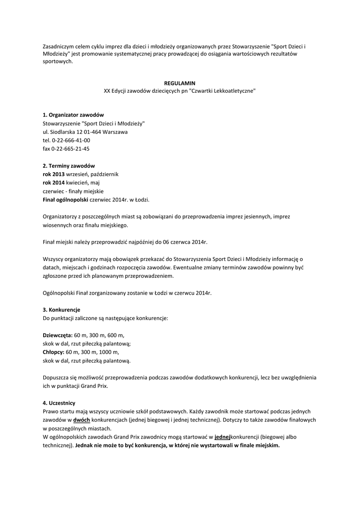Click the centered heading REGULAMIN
(180, 83)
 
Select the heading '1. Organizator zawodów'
(73, 115)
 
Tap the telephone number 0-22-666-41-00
(71, 140)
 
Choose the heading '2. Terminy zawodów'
(69, 166)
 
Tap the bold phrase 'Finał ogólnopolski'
(65, 200)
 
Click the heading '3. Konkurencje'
(62, 310)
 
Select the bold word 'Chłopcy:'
(54, 352)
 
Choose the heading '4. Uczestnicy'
(59, 403)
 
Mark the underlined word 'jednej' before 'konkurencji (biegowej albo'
(223, 437)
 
